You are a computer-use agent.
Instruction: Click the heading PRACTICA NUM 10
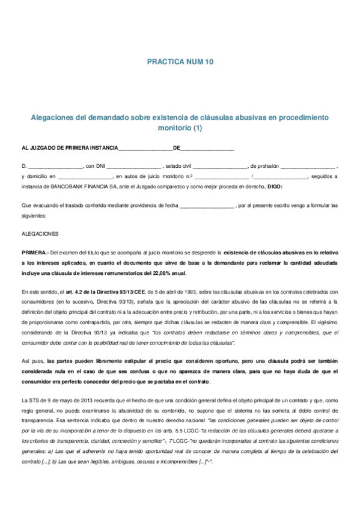pyautogui.click(x=180, y=62)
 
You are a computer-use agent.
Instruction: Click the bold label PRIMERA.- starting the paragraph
pyautogui.click(x=34, y=253)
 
